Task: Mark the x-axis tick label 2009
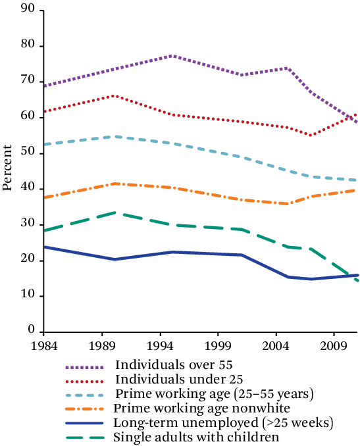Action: point(340,345)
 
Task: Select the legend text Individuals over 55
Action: point(174,364)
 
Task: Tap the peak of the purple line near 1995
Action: point(171,56)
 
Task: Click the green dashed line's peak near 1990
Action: point(115,212)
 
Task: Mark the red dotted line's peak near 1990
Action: point(115,96)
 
